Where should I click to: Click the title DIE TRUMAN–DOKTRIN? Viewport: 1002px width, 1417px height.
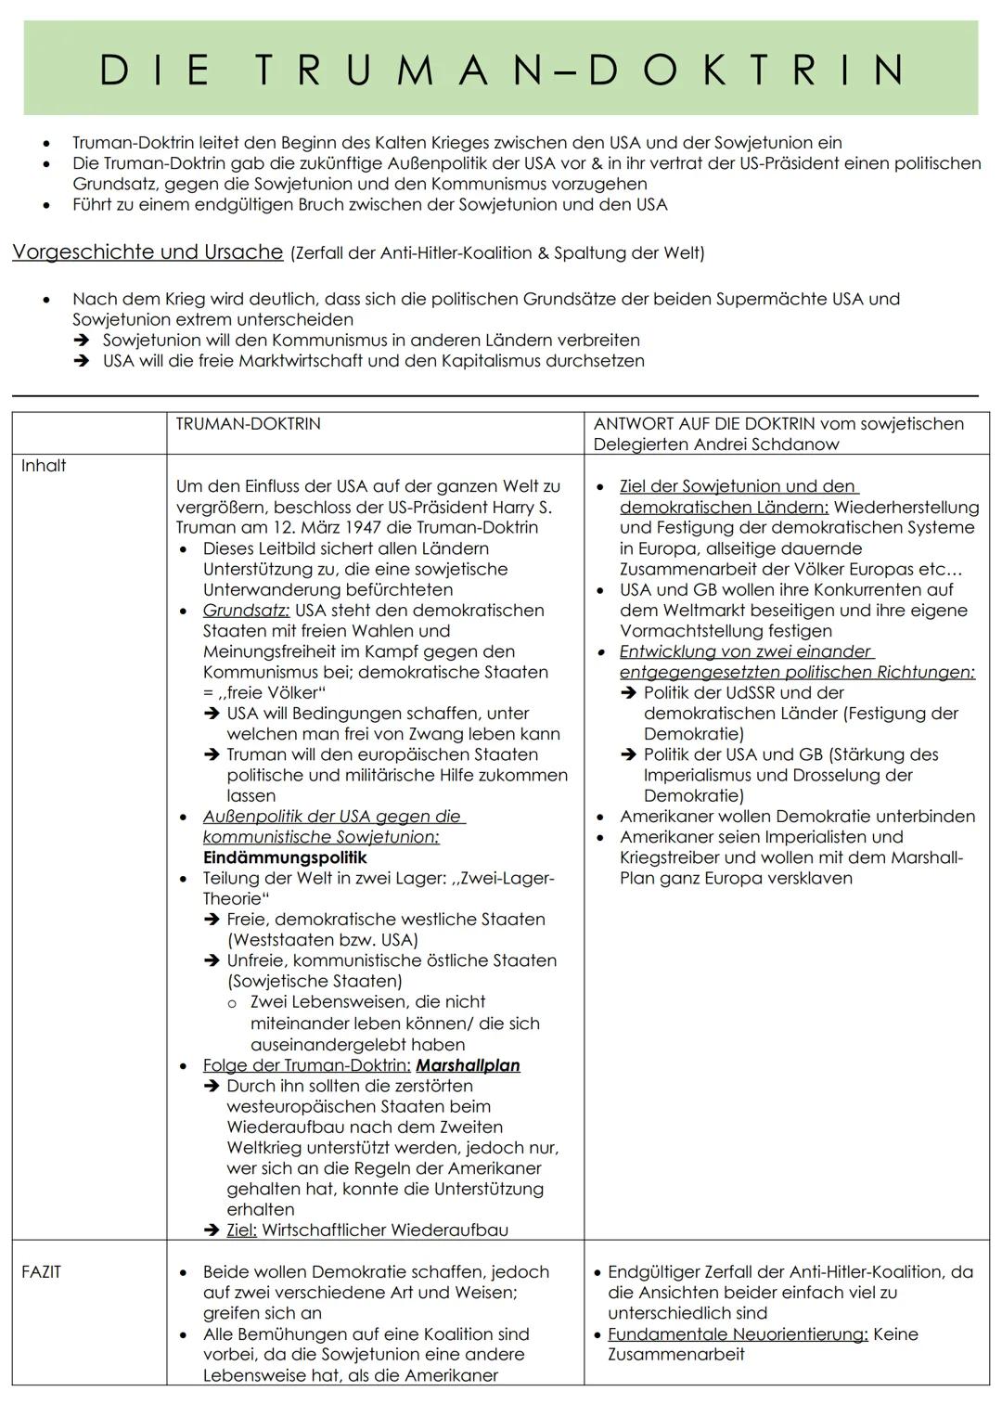point(501,70)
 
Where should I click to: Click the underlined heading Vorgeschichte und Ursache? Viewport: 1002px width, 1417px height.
point(148,252)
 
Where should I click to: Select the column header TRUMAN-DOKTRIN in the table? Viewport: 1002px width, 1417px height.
point(248,424)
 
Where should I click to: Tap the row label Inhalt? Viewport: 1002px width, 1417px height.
point(44,466)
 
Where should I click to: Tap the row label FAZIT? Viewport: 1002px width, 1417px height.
point(41,1272)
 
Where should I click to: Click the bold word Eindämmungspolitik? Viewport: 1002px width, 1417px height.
point(285,857)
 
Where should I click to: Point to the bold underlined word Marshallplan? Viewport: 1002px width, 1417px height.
point(468,1065)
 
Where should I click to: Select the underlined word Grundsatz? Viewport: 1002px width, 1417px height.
point(246,611)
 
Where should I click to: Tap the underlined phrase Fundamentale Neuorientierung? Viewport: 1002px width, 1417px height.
point(738,1334)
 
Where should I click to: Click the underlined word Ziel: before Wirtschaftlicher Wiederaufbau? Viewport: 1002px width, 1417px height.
point(241,1230)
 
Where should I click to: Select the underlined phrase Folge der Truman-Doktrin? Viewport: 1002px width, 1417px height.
point(306,1065)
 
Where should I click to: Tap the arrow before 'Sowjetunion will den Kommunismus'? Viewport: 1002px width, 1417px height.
point(83,341)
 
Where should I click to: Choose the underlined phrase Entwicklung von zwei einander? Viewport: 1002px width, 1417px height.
point(745,651)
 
